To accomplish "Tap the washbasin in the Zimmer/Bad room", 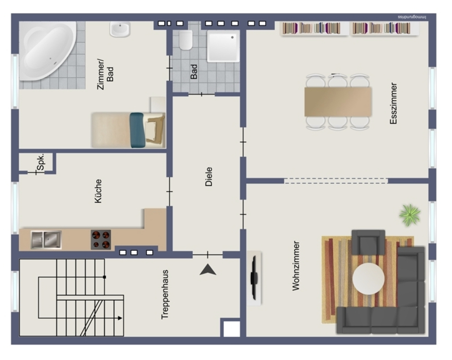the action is click(120, 29).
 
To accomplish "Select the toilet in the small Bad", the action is click(186, 40).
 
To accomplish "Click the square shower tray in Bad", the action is click(223, 46).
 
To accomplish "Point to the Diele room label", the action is click(209, 177).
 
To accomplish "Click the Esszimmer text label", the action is click(394, 103).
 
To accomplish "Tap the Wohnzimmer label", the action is click(296, 266).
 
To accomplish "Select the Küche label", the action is click(98, 191).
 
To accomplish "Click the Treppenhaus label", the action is click(165, 295).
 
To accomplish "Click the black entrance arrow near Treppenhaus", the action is click(208, 270).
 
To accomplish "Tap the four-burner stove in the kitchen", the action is click(101, 239).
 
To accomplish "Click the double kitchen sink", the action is click(46, 239).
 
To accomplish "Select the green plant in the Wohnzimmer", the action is click(410, 215).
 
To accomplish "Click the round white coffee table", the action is click(368, 279).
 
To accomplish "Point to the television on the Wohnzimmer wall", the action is click(254, 278).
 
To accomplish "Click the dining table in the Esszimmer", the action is click(338, 102).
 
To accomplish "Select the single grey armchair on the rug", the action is click(368, 242).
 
